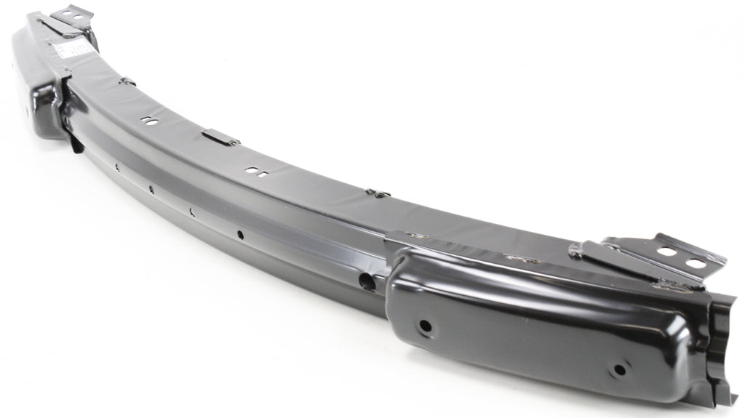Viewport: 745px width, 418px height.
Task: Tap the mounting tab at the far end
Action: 73,15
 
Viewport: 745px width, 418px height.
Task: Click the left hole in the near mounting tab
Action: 666,252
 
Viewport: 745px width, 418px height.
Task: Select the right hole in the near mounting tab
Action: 696,263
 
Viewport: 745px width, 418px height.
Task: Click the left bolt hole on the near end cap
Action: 425,326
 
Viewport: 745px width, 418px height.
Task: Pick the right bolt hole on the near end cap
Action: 618,369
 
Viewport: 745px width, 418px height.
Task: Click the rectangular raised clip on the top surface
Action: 220,137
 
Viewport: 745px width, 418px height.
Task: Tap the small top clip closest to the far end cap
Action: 127,81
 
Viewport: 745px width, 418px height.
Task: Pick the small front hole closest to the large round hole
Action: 239,235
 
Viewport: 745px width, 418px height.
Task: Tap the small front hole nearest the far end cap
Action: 116,166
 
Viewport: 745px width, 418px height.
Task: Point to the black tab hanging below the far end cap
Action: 75,142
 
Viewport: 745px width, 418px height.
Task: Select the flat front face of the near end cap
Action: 524,327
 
